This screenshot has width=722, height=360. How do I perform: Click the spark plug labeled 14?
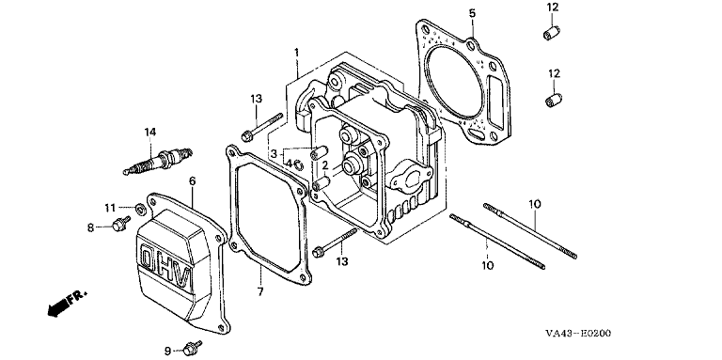coord(158,161)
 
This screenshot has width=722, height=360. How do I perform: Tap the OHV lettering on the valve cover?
coord(165,269)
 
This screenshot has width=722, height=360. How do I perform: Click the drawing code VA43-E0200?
coord(578,334)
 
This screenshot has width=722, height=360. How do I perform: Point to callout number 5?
coord(472,13)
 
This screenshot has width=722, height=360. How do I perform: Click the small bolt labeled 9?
coord(192,350)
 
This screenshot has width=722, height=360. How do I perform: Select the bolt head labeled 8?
coord(120,225)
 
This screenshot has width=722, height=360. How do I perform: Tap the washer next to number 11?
coord(140,210)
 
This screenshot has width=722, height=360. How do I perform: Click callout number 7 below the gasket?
coord(260,291)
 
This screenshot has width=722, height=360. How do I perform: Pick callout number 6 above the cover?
coord(192,181)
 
